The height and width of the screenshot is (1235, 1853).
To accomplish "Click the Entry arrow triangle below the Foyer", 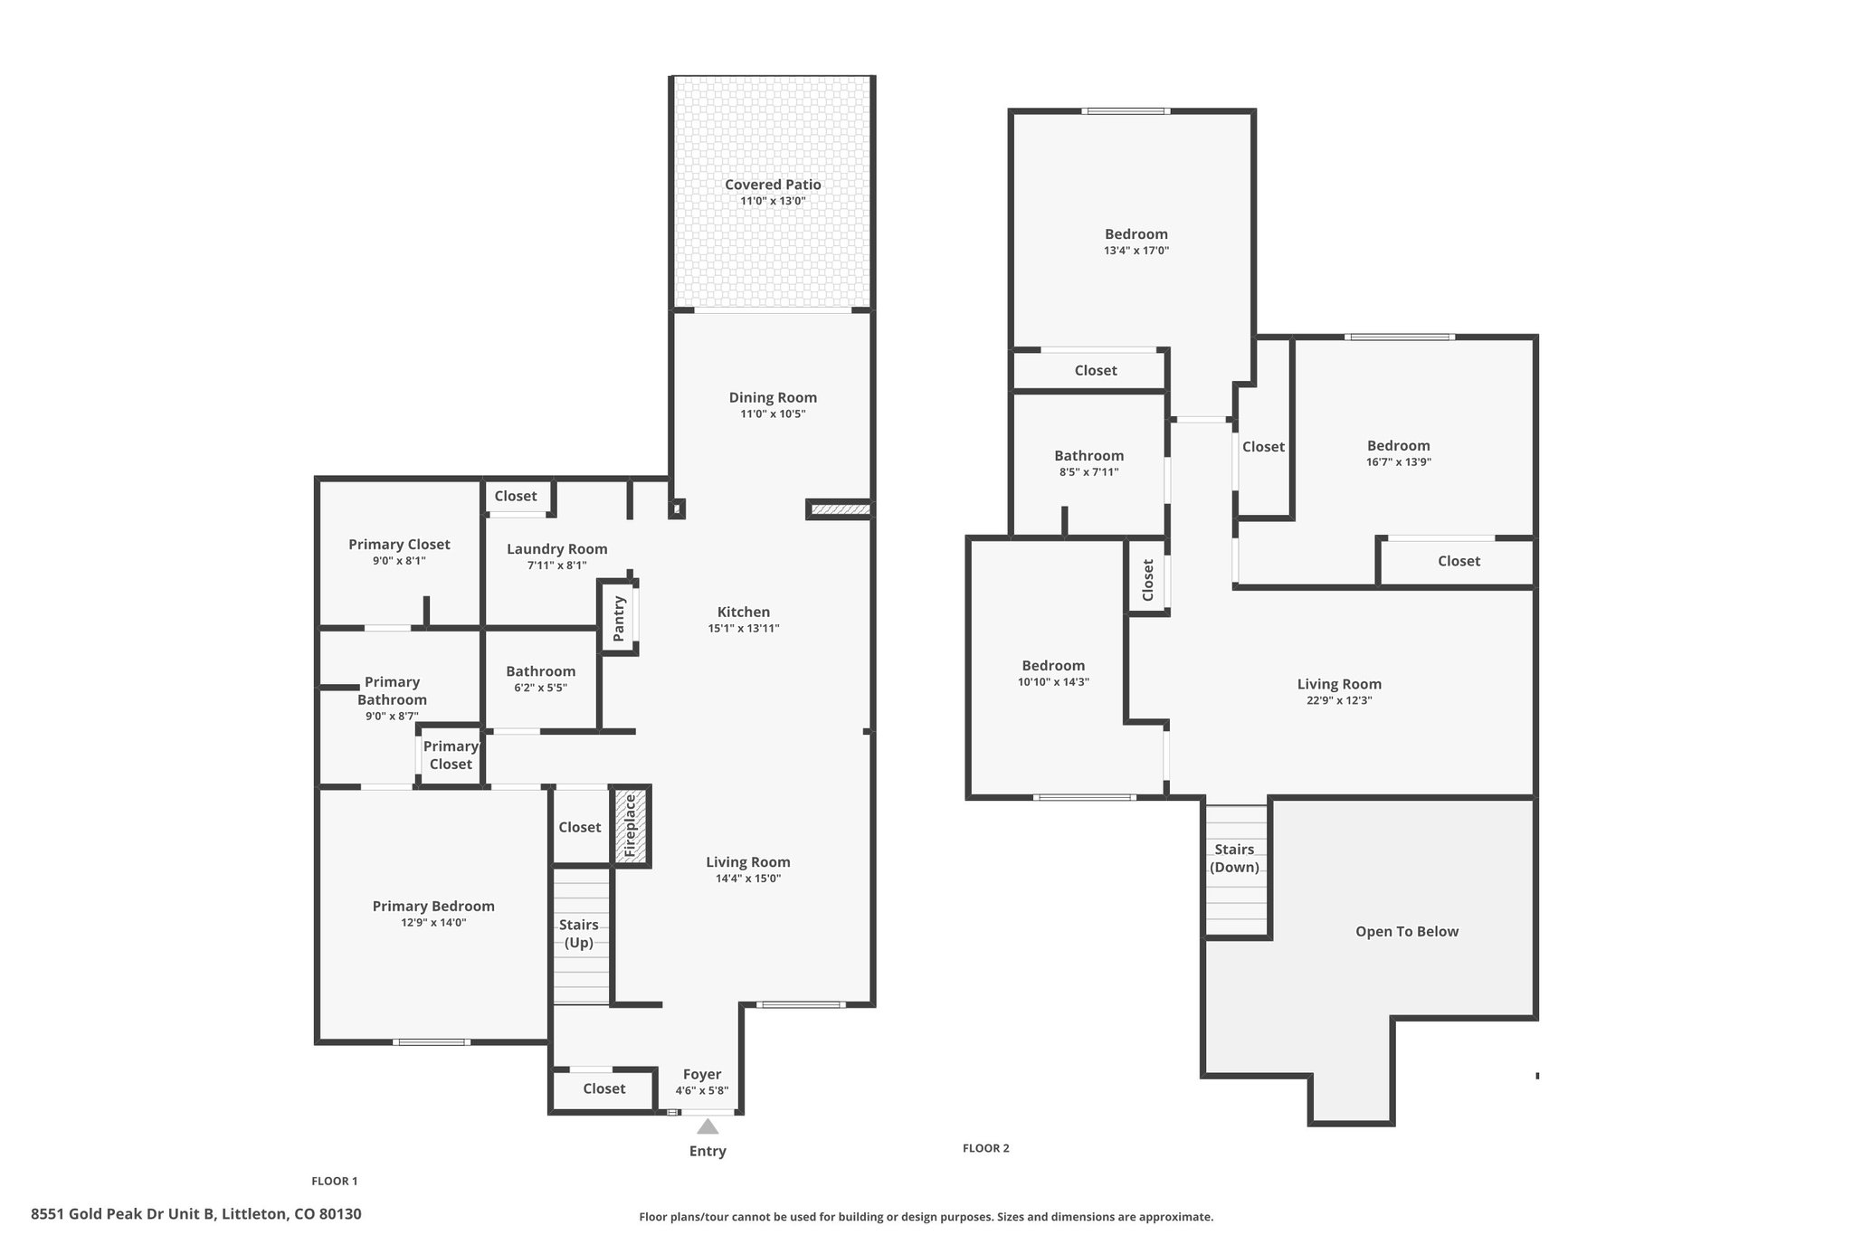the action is point(708,1126).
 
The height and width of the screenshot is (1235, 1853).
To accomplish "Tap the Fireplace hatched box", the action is point(631,825).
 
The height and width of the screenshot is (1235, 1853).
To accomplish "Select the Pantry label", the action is point(619,619).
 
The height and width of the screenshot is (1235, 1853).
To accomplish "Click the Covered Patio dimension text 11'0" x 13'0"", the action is point(773,201).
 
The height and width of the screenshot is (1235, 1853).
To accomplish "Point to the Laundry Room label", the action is point(556,549).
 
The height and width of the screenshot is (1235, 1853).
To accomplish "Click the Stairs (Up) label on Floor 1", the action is point(579,934).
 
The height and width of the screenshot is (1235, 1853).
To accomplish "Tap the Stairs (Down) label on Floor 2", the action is point(1234,858).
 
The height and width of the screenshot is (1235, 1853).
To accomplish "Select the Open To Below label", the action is point(1407,932).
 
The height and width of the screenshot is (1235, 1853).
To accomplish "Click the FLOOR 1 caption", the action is point(335,1181).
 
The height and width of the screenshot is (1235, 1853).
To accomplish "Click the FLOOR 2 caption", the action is point(985,1148).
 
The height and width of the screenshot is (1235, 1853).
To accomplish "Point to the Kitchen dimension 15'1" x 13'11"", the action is point(744,628).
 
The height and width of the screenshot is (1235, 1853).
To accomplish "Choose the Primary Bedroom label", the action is point(433,907).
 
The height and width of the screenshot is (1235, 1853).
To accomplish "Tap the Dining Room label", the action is point(773,397).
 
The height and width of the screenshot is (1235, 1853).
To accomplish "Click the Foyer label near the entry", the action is point(702,1075).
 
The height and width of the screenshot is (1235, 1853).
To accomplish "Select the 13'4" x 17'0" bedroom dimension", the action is point(1136,251).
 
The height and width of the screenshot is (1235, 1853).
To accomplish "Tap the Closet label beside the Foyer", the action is point(604,1088).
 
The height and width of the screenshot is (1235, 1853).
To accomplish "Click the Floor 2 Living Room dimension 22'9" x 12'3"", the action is point(1339,699).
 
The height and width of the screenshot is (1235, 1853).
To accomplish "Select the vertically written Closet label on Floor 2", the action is point(1147,580).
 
